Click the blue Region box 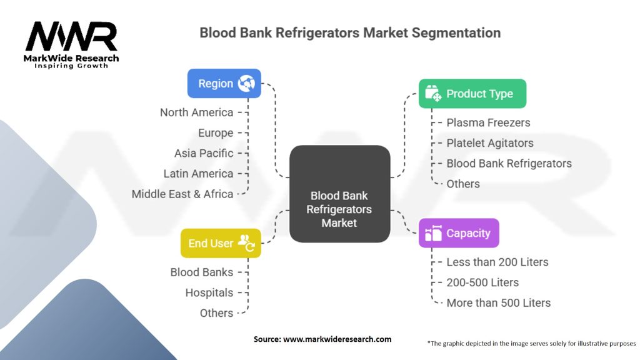[224, 84]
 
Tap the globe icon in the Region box [246, 84]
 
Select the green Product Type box [472, 94]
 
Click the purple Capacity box [459, 233]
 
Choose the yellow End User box [221, 243]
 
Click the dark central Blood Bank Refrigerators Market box [339, 194]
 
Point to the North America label [196, 112]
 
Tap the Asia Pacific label [204, 153]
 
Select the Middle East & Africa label [182, 194]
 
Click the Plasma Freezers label [488, 122]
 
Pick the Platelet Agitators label [490, 143]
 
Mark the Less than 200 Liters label [497, 262]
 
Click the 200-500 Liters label [482, 282]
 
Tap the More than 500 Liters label [498, 303]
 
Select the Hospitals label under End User [209, 292]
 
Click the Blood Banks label [201, 272]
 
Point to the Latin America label [198, 174]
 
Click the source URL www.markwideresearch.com [337, 339]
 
